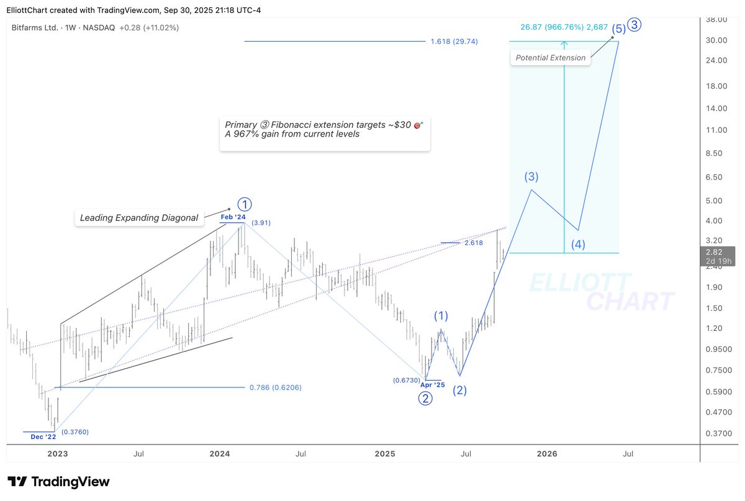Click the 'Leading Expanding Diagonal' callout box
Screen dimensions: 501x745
click(138, 217)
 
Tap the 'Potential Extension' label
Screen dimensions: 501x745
click(549, 58)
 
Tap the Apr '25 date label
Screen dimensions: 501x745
click(433, 385)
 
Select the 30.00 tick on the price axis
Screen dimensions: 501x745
click(718, 40)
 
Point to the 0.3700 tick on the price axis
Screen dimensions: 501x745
click(718, 433)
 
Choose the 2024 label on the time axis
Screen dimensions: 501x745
click(220, 454)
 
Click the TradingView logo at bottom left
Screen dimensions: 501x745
click(58, 482)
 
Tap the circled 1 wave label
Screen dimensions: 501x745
click(245, 204)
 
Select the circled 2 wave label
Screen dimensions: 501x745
click(425, 399)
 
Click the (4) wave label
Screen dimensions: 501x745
click(578, 244)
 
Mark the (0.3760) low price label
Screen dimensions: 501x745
click(74, 431)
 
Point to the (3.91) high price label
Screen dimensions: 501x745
click(261, 222)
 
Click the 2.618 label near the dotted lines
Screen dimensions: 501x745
click(473, 243)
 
